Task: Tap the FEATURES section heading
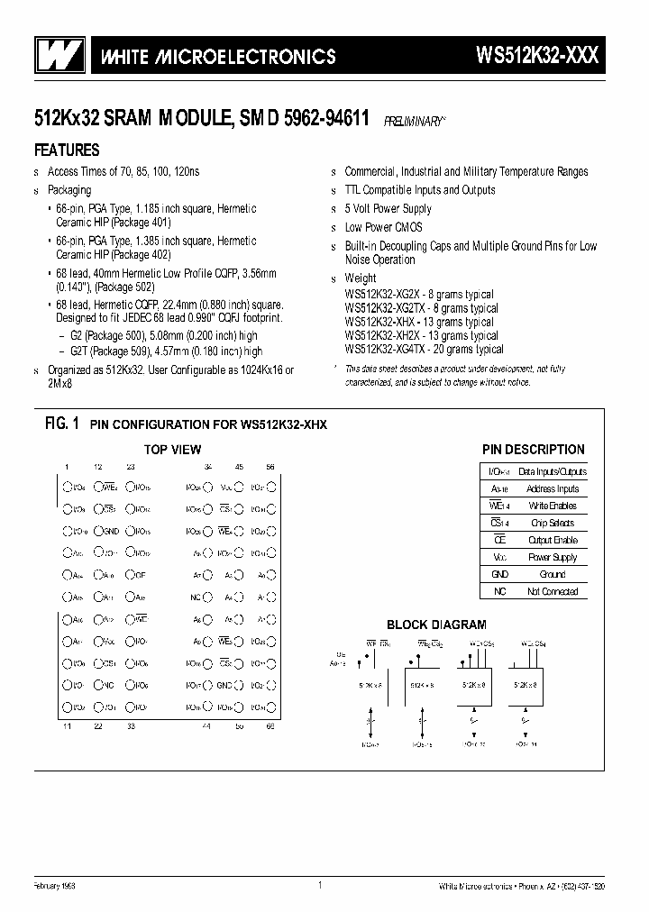pos(67,150)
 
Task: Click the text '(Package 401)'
pos(141,222)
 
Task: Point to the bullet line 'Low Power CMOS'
pos(383,227)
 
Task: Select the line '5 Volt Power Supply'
pos(388,208)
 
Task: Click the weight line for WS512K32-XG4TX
pos(424,349)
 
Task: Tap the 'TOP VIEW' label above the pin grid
pos(173,450)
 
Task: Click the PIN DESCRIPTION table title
pos(534,449)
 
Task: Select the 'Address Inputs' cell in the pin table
pos(553,488)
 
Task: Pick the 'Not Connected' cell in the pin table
pos(553,591)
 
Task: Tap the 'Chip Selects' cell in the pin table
pos(553,523)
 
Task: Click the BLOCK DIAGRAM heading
pos(436,624)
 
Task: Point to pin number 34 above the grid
pos(208,466)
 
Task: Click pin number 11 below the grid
pos(68,725)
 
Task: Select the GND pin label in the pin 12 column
pos(110,531)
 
